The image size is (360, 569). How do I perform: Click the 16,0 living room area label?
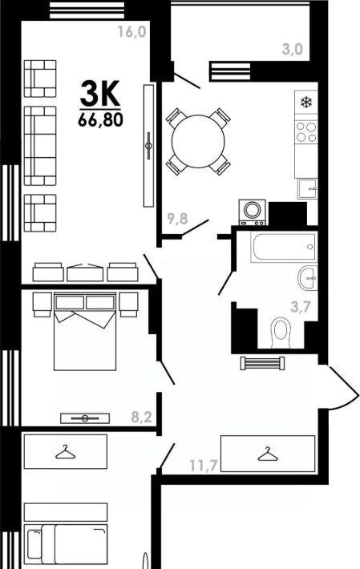pos(131,32)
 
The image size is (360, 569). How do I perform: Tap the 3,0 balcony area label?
pos(293,49)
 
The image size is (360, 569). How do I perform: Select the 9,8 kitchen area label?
pos(177,219)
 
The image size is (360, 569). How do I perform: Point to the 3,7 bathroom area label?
pos(301,308)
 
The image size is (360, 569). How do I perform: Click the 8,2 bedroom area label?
pos(142,418)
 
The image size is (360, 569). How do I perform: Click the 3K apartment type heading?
pos(100,93)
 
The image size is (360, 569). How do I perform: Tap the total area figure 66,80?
pos(100,119)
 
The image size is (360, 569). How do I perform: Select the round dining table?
pos(198,141)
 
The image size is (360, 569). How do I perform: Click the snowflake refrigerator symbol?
pos(306,103)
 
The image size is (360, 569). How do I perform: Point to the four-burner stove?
pos(306,132)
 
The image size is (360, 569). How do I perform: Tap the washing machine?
pos(252,212)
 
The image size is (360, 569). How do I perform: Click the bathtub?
pos(284,247)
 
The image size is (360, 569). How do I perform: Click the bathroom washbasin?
pos(308,277)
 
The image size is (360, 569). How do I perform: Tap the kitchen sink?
pos(307,188)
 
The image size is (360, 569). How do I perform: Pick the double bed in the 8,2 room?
pos(85,331)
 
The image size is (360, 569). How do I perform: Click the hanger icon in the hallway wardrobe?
pos(268,454)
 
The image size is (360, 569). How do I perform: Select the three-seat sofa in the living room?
pos(40,146)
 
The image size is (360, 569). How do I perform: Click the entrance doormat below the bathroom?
pos(262,363)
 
